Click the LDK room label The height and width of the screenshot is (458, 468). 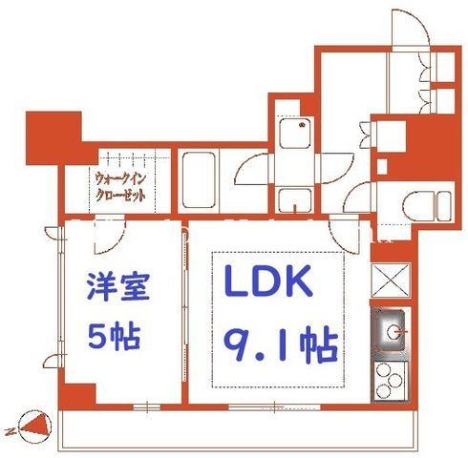(x=268, y=281)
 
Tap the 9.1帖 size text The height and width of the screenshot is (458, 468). (x=280, y=344)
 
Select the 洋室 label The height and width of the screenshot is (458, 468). (x=117, y=286)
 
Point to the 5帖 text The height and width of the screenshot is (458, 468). (x=114, y=336)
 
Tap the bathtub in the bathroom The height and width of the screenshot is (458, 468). (x=199, y=180)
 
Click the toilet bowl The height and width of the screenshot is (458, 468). (x=418, y=205)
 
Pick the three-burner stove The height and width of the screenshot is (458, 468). (x=391, y=381)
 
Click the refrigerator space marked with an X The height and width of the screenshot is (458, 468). (x=391, y=280)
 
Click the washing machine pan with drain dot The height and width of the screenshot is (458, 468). (x=295, y=133)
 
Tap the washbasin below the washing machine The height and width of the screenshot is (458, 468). (x=295, y=200)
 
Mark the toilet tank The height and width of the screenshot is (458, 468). (x=444, y=205)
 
